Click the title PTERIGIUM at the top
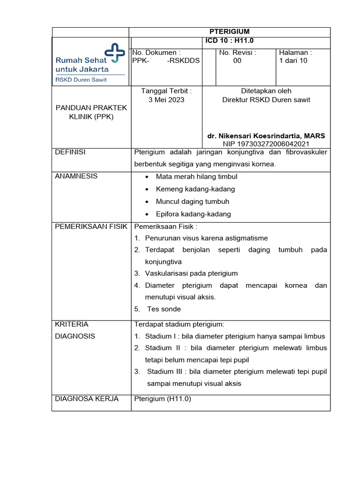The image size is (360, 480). click(x=229, y=31)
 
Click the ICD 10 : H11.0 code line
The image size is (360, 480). click(x=229, y=41)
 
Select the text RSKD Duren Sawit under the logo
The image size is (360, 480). click(x=81, y=79)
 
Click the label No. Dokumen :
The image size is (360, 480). click(x=157, y=52)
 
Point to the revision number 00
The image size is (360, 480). click(x=237, y=61)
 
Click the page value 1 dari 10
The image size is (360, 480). click(x=293, y=61)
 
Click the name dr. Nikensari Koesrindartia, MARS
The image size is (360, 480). click(x=266, y=135)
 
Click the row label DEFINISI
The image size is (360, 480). click(x=70, y=152)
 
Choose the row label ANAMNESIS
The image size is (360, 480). click(x=76, y=176)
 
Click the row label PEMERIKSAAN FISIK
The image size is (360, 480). click(x=91, y=226)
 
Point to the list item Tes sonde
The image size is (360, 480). click(x=164, y=309)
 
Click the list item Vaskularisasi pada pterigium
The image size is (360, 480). click(x=191, y=273)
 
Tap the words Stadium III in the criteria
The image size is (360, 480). click(x=164, y=372)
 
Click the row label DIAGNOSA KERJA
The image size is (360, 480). click(x=87, y=399)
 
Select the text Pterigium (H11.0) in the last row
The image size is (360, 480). click(x=163, y=399)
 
